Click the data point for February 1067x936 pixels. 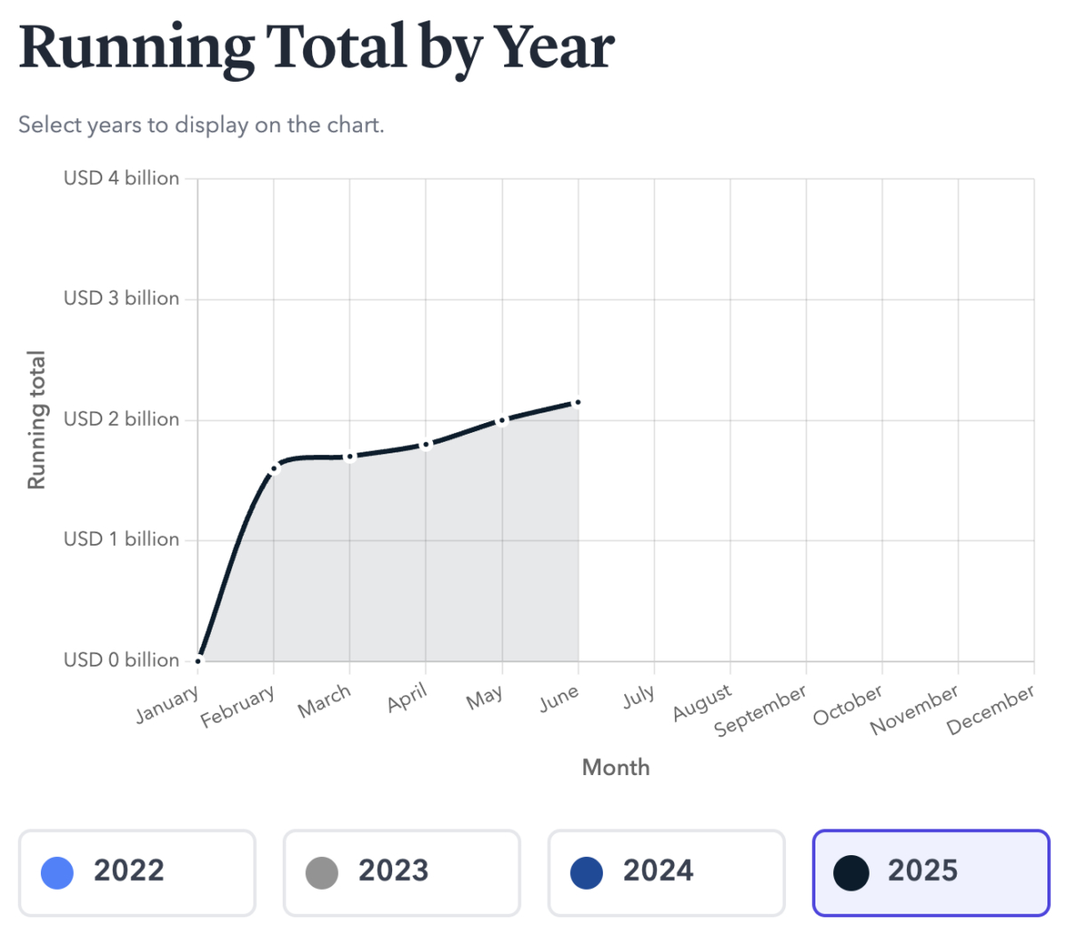275,468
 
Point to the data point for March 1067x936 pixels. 349,457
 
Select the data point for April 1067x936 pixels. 426,444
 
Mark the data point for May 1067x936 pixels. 502,420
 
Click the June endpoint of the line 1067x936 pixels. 578,403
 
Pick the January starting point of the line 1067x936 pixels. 198,660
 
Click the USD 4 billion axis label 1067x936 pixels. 121,178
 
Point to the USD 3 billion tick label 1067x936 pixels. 121,299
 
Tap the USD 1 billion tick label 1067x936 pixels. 121,540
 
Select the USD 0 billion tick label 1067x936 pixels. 121,660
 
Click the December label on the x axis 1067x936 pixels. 991,709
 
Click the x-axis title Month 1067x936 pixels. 615,767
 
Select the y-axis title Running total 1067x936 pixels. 36,420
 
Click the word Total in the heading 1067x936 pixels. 335,46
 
